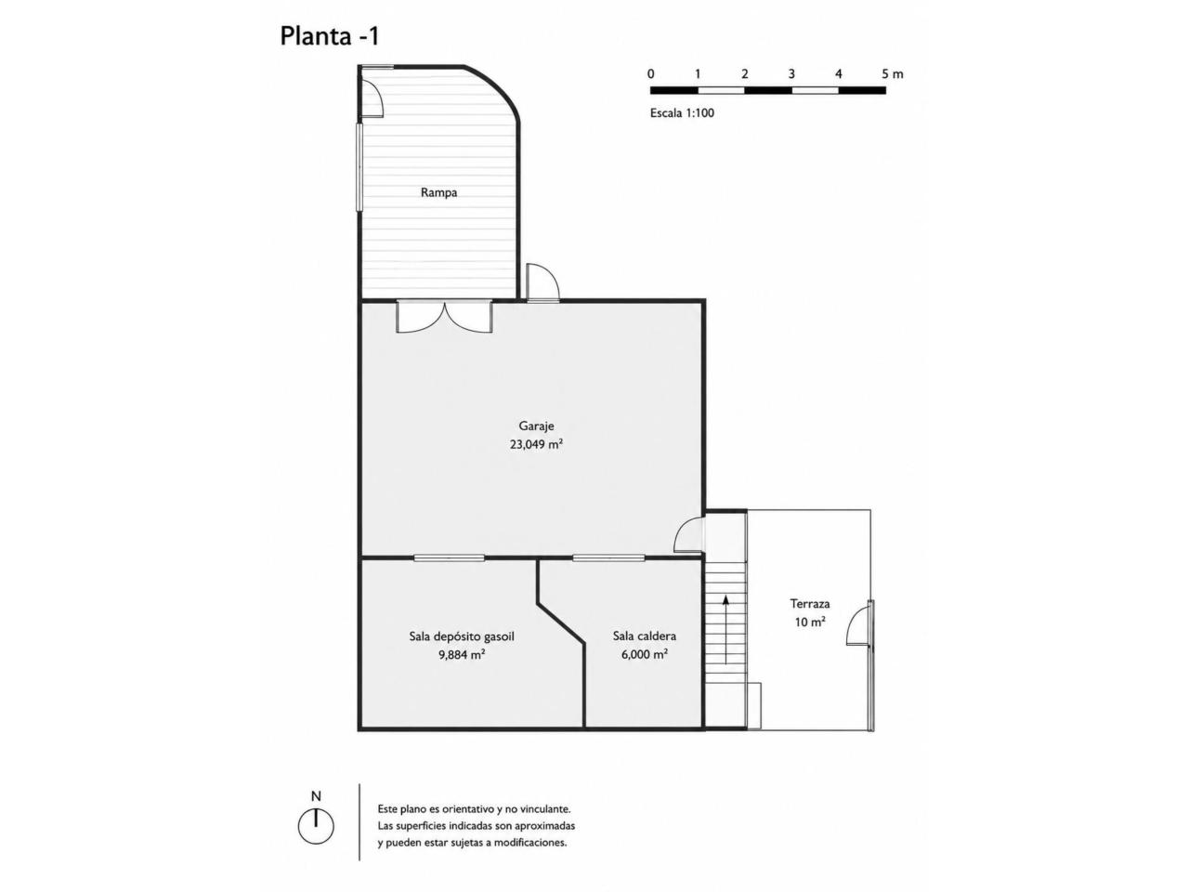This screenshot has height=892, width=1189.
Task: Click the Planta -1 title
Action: coord(330,36)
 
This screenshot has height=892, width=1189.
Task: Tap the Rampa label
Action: coord(438,192)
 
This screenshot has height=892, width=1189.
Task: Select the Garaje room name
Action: coord(536,426)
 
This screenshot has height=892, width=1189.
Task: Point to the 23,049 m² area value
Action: coord(536,445)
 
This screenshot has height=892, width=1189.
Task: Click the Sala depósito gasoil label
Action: coord(462,636)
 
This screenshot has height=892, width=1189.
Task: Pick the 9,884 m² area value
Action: coord(462,655)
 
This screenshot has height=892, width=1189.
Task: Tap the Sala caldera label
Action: coord(645,636)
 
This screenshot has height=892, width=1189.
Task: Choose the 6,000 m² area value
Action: coord(645,654)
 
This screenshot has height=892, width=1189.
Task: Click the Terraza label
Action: coord(810,603)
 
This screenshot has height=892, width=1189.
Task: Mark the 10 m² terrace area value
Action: coord(810,623)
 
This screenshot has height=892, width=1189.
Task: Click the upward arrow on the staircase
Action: coord(725,629)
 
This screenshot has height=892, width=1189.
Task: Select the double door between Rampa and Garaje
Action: coord(444,316)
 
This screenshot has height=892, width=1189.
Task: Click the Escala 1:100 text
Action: coord(682,113)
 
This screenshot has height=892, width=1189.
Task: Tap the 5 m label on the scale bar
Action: coord(892,74)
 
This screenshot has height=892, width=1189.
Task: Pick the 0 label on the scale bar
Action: coord(650,74)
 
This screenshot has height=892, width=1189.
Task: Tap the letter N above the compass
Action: coord(316,796)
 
